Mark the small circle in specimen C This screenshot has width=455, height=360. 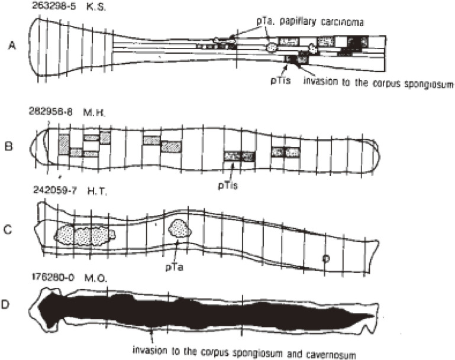pos(325,258)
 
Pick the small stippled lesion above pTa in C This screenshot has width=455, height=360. pos(179,229)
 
